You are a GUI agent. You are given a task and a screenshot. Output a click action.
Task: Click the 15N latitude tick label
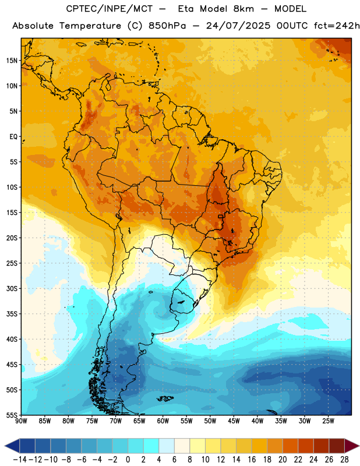pos(12,61)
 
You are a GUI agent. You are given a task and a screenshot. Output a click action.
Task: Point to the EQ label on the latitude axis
pos(13,137)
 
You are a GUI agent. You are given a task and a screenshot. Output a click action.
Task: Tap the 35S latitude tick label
pos(12,314)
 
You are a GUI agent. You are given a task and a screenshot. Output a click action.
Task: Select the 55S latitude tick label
pos(12,415)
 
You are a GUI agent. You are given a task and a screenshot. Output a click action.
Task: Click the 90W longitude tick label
pos(21,421)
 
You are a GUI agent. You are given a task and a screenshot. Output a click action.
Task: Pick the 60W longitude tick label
pos(163,421)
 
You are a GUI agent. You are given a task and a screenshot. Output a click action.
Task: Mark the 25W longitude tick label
pos(328,421)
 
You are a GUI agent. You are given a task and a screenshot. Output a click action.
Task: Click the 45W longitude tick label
pos(234,421)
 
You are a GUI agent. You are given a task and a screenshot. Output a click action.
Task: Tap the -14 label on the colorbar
pos(20,460)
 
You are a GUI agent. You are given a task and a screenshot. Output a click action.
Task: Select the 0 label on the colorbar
pos(128,460)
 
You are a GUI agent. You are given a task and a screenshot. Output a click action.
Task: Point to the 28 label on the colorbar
pos(344,460)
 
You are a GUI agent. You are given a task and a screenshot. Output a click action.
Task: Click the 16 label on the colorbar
pos(252,460)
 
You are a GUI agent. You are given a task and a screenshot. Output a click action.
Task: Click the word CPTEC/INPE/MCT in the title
pos(109,9)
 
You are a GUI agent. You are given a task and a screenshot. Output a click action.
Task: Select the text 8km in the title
pos(243,9)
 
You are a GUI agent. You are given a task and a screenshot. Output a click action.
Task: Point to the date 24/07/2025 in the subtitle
pos(238,26)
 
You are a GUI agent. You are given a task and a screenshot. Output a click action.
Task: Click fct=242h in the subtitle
pos(337,26)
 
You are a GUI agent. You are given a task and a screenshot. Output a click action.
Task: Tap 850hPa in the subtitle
pos(167,26)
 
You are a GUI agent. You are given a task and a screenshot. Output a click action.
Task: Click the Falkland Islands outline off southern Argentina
pos(165,398)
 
